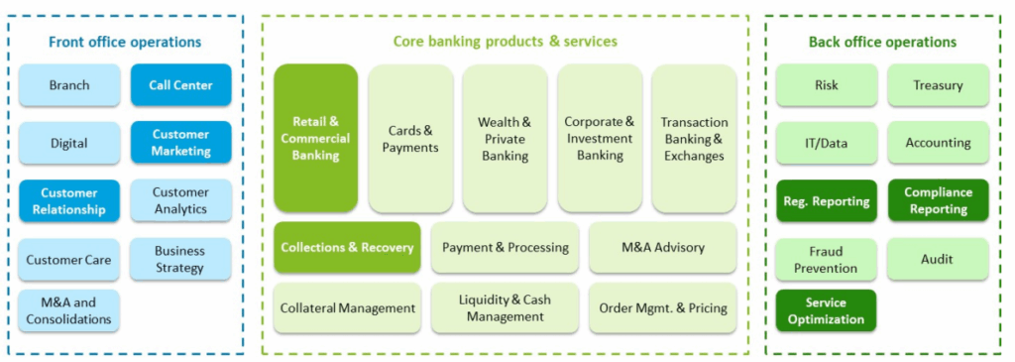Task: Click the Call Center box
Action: (x=180, y=85)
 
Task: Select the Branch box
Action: (x=69, y=85)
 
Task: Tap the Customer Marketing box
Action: (x=180, y=143)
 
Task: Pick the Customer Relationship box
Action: (x=69, y=200)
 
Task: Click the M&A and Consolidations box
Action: (x=69, y=310)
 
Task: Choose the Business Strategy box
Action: (x=180, y=259)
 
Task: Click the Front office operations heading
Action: (x=125, y=42)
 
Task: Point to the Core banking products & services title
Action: (x=505, y=41)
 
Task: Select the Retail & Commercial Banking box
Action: (x=315, y=138)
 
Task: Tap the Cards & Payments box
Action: (x=410, y=138)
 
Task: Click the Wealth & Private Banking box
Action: (x=505, y=138)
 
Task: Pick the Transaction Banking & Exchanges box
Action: (x=694, y=138)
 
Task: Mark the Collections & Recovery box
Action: (x=347, y=247)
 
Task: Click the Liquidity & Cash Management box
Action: (x=505, y=307)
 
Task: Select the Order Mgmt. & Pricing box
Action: (x=662, y=307)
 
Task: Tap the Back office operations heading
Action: (x=882, y=42)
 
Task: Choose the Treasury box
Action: (x=938, y=85)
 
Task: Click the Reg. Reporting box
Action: (x=826, y=200)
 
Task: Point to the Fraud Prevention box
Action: (x=826, y=259)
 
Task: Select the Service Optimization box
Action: (x=826, y=310)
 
